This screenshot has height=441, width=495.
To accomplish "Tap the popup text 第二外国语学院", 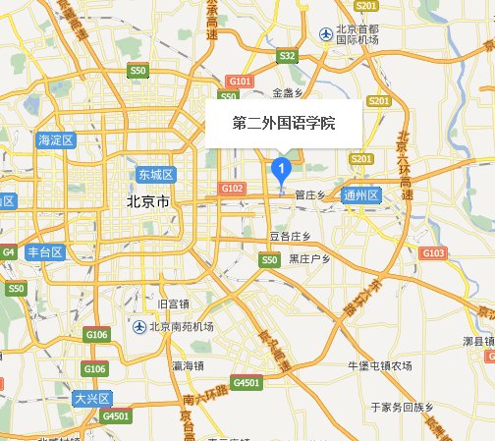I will click(284, 125).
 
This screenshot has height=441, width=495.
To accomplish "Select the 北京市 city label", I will click(148, 201).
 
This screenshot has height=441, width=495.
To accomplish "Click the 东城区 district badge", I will click(155, 175).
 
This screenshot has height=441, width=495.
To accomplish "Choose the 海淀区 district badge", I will click(56, 140).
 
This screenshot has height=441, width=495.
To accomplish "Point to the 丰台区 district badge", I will click(45, 252).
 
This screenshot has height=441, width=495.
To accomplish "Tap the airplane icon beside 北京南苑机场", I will click(139, 327).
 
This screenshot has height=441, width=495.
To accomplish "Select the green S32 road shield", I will click(287, 56).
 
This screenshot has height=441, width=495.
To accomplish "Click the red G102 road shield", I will click(233, 188).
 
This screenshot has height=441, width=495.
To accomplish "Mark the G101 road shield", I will click(240, 81).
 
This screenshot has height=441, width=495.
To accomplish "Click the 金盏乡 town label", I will click(289, 93).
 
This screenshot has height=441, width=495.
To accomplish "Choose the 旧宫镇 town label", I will click(172, 303).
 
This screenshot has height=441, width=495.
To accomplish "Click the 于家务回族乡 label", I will click(402, 406).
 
